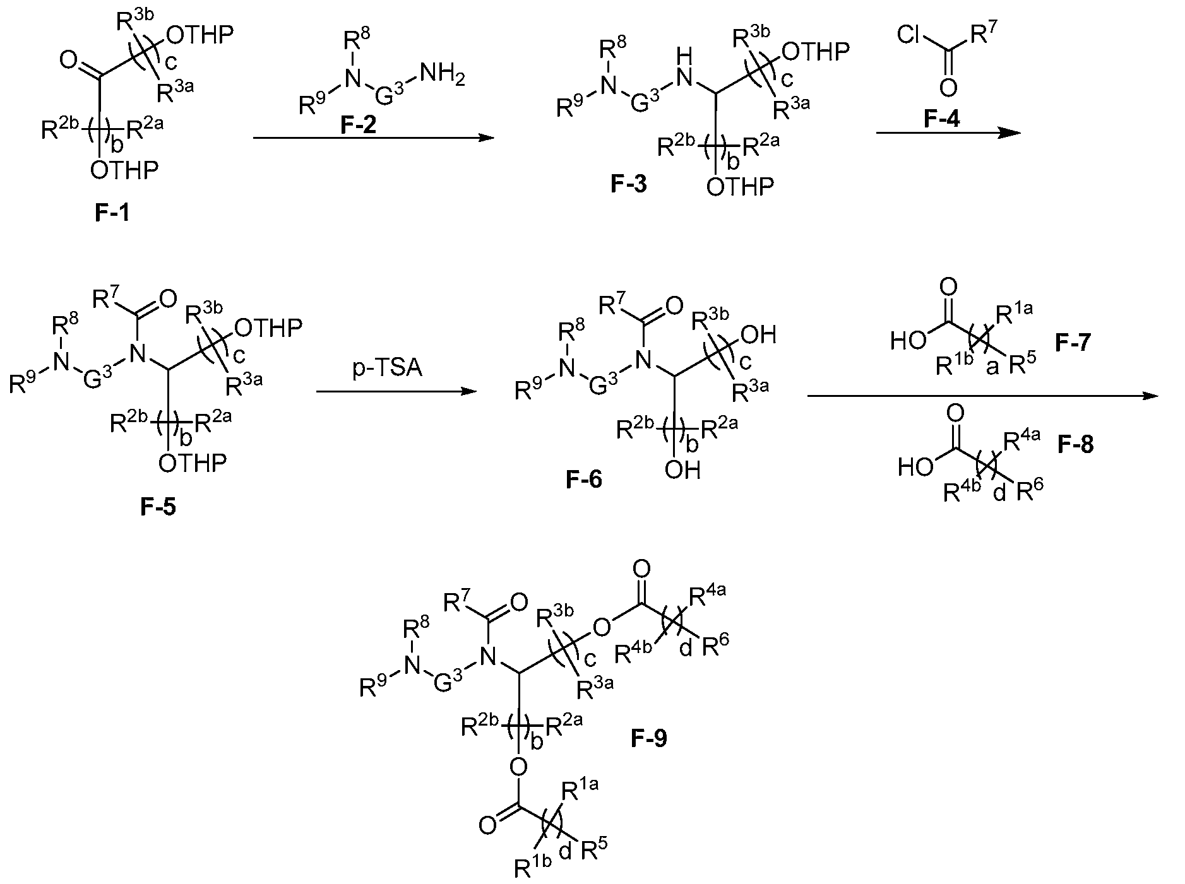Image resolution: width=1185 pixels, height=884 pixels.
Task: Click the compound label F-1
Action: click(112, 213)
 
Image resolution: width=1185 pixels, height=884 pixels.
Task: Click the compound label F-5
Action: click(158, 506)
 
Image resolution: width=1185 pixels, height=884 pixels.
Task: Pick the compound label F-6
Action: click(584, 480)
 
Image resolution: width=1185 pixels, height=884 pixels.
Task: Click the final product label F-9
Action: click(648, 737)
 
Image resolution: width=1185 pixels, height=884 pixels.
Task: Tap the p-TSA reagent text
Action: click(387, 368)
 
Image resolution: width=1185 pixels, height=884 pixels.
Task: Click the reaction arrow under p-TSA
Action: click(395, 392)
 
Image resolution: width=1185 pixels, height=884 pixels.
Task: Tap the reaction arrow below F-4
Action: click(948, 133)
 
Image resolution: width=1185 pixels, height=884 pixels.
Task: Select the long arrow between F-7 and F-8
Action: click(982, 396)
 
